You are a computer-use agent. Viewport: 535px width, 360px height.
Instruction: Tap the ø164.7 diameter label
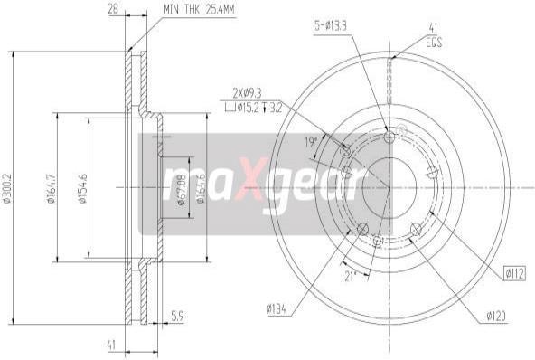click(x=52, y=188)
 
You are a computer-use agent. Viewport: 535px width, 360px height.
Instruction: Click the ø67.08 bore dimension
click(x=181, y=188)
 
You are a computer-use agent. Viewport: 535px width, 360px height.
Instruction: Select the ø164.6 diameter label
click(x=202, y=188)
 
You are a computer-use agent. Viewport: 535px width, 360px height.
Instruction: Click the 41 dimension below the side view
click(x=112, y=344)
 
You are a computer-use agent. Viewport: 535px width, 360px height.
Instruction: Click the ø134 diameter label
click(x=277, y=309)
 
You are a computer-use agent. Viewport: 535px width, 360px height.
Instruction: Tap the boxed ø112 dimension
click(x=515, y=272)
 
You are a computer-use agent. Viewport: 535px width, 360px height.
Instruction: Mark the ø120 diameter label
click(x=496, y=316)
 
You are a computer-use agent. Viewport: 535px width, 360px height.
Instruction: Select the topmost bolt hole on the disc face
click(x=390, y=137)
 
